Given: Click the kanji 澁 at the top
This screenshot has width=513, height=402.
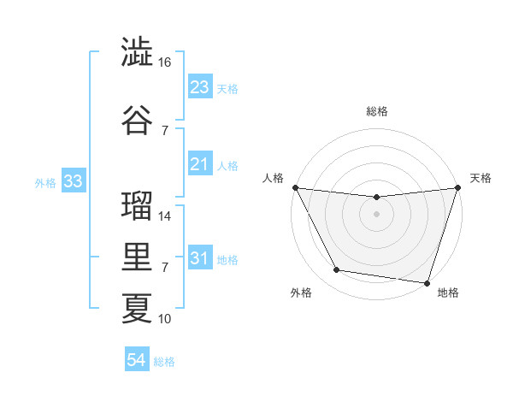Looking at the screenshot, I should pyautogui.click(x=137, y=52).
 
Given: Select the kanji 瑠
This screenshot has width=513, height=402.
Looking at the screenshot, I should pyautogui.click(x=137, y=206).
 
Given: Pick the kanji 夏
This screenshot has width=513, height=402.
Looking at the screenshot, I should pyautogui.click(x=137, y=308).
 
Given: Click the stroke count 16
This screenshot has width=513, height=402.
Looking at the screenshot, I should pyautogui.click(x=165, y=63).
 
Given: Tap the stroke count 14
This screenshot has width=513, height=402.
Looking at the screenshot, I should pyautogui.click(x=165, y=216).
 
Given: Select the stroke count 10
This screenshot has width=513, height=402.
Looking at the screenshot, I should pyautogui.click(x=165, y=319).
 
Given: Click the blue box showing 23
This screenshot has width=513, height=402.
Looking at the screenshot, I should pyautogui.click(x=200, y=87).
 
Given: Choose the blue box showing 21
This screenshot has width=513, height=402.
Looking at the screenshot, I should pyautogui.click(x=200, y=164).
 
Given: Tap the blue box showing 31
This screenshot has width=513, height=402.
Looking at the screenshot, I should pyautogui.click(x=200, y=258).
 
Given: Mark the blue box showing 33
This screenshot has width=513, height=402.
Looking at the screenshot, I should pyautogui.click(x=73, y=181).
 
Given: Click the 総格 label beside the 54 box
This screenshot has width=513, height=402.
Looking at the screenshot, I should pyautogui.click(x=164, y=362).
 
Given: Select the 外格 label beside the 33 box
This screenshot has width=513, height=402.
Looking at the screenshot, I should pyautogui.click(x=45, y=182).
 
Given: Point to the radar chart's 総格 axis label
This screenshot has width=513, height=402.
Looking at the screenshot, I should pyautogui.click(x=376, y=111).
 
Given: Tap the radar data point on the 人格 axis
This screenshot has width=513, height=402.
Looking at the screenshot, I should pyautogui.click(x=295, y=187).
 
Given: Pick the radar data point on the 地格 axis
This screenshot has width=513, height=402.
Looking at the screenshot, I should pyautogui.click(x=427, y=282).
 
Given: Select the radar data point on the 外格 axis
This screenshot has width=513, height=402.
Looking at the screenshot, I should pyautogui.click(x=337, y=270).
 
